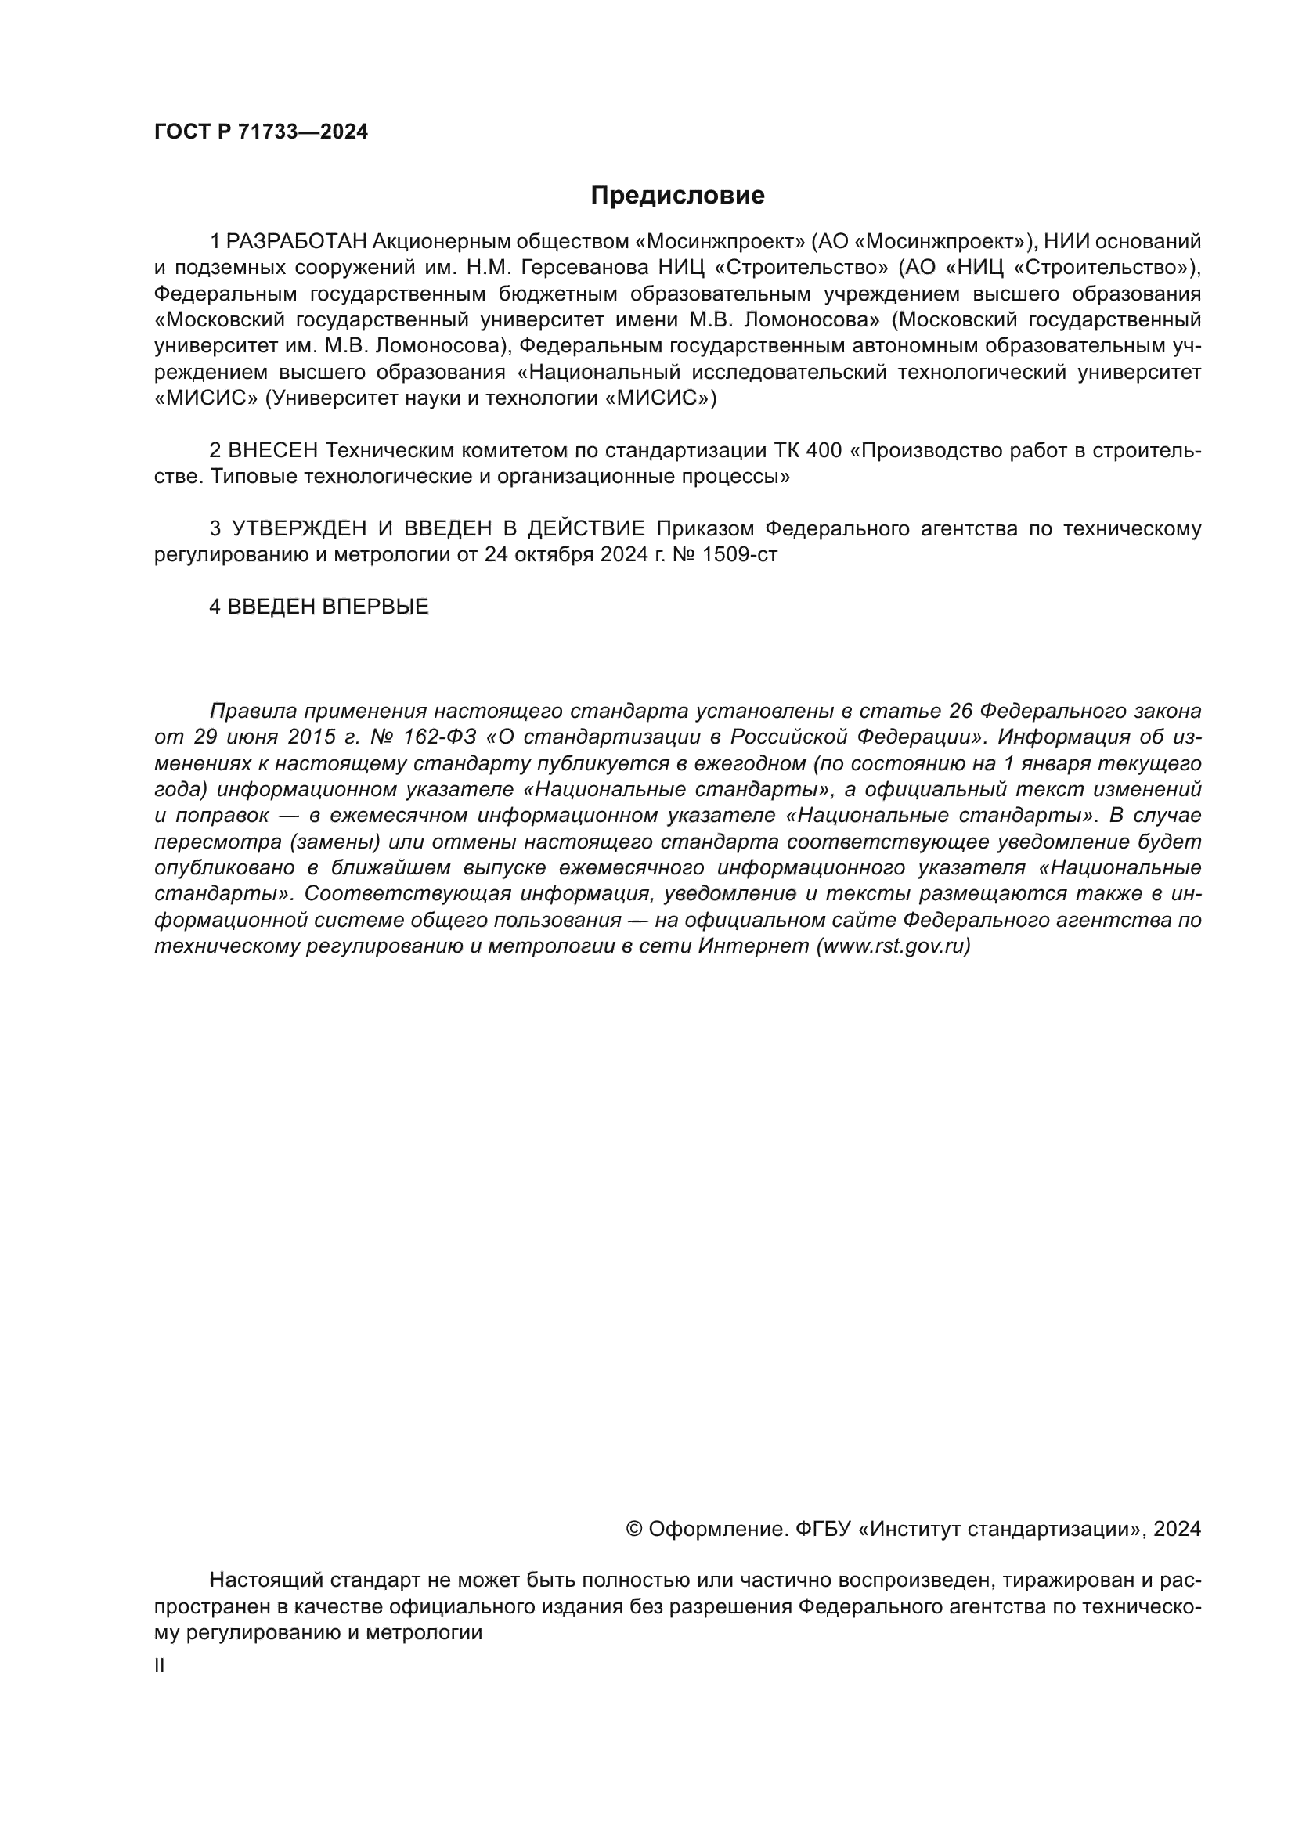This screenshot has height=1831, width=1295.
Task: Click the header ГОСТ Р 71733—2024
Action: (x=261, y=132)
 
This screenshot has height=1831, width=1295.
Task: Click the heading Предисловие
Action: (x=677, y=196)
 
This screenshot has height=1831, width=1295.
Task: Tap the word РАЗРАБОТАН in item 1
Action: (x=297, y=242)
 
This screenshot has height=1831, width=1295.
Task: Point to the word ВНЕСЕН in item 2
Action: (x=272, y=451)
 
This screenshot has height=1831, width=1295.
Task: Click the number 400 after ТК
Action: (x=823, y=451)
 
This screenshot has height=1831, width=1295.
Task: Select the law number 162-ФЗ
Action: (x=440, y=737)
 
